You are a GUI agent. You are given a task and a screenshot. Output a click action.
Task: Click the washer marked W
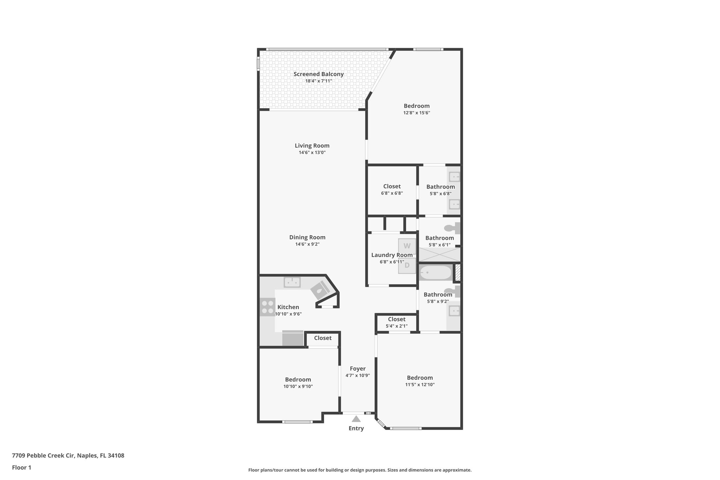tap(407, 246)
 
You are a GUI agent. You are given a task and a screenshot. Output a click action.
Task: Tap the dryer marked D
tap(407, 265)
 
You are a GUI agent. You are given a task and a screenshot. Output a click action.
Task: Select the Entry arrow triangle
tap(356, 419)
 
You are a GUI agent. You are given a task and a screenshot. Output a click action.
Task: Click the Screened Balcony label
tap(319, 74)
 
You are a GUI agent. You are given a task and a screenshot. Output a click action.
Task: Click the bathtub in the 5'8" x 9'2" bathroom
tap(436, 273)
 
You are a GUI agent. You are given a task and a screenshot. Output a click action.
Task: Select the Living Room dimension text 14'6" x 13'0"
tap(312, 153)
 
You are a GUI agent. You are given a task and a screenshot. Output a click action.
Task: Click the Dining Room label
tap(307, 237)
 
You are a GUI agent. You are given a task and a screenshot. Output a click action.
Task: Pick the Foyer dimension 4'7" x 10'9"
tap(358, 376)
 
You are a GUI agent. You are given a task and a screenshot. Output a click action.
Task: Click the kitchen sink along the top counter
tap(292, 282)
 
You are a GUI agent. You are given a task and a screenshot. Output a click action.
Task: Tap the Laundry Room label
tap(392, 255)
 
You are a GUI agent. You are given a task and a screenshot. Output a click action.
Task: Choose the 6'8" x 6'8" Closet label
tap(392, 186)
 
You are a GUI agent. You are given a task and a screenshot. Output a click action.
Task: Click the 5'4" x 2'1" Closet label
tap(397, 319)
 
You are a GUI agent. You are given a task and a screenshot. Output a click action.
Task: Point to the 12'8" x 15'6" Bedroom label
tap(417, 106)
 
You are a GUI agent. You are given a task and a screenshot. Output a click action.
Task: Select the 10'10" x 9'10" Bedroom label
tap(298, 380)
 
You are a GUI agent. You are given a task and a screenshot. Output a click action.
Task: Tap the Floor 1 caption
tap(21, 467)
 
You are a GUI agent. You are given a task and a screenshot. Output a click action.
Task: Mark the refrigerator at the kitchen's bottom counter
tap(292, 339)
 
